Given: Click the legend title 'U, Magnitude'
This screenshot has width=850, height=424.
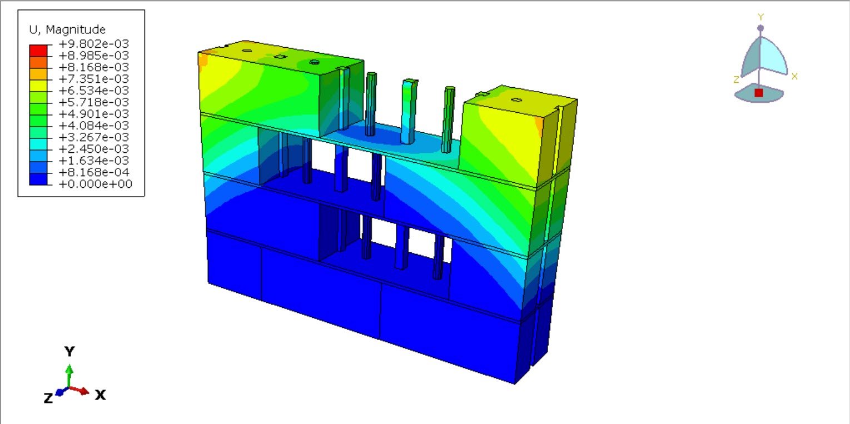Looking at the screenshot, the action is tap(67, 29).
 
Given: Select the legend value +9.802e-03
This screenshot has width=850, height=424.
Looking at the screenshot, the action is tap(94, 43).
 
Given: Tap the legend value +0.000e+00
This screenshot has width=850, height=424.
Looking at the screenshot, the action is tap(95, 184).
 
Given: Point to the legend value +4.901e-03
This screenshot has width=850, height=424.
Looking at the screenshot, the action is tap(94, 114).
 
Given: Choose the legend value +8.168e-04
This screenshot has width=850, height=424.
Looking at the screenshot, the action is tap(94, 172).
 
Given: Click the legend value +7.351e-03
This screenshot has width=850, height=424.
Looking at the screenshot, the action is tap(94, 79).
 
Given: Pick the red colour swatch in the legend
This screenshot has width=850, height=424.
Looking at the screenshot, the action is tap(38, 51).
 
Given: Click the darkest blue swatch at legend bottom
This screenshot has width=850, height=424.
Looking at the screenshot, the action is tap(38, 179).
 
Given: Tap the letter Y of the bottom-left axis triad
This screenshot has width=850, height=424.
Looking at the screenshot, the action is tap(69, 352).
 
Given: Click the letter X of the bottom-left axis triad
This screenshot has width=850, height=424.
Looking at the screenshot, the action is tap(100, 395).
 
